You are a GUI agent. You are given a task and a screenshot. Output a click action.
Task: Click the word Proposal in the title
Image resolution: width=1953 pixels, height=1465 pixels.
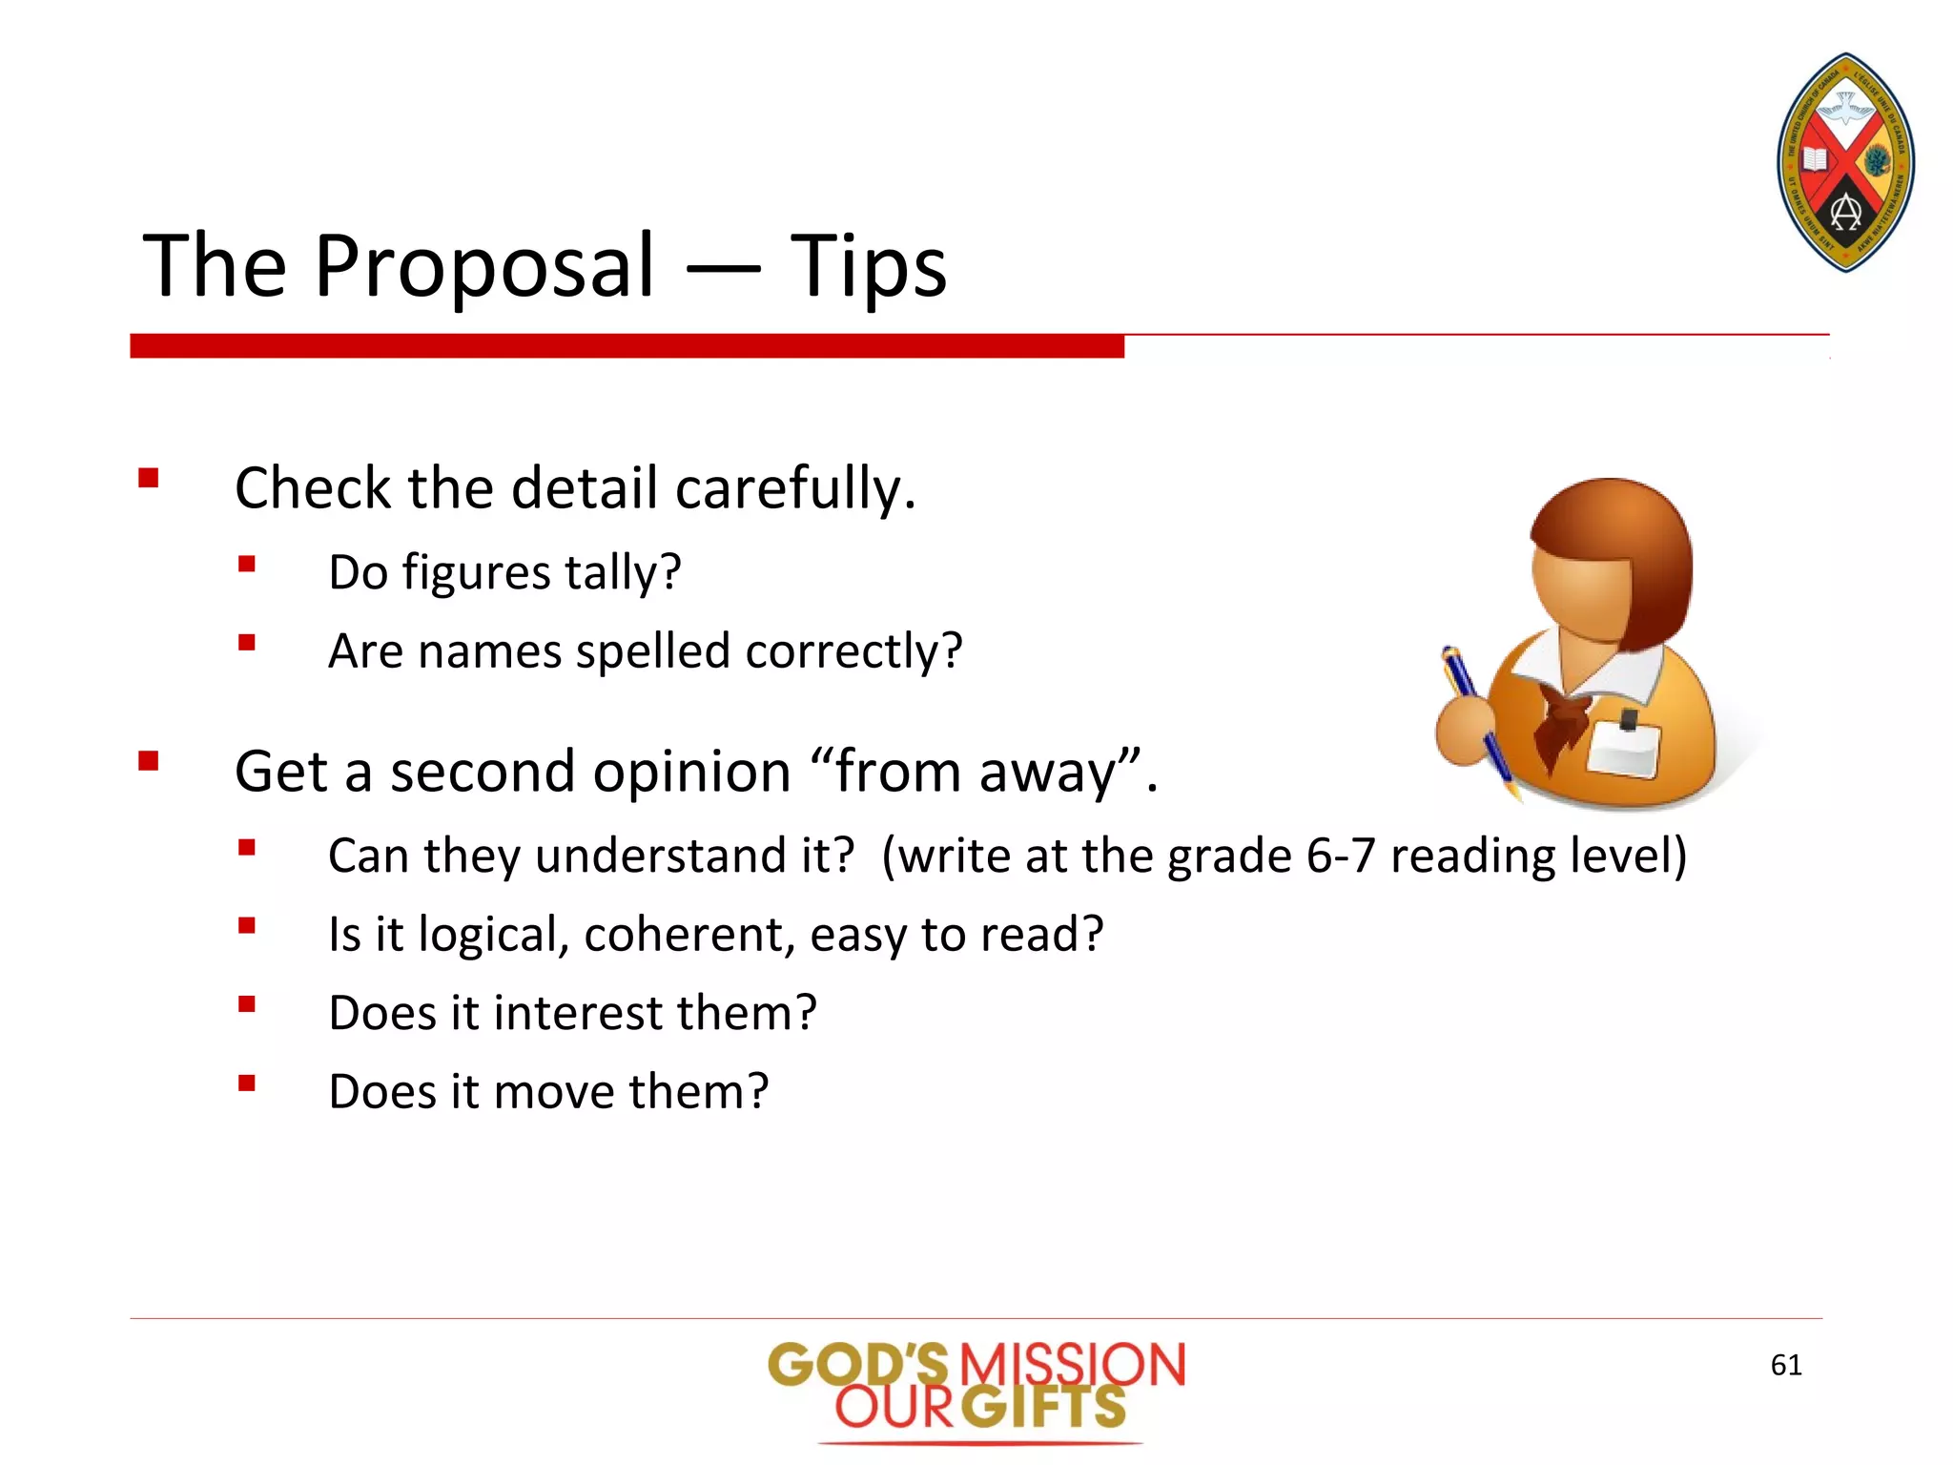(484, 266)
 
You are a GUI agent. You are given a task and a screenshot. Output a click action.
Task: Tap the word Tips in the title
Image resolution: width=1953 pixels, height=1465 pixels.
(868, 266)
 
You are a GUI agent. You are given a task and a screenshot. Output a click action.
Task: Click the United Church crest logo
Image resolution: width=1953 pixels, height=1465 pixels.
(1846, 163)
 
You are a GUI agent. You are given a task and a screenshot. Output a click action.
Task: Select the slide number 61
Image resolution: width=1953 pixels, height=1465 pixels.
(1785, 1365)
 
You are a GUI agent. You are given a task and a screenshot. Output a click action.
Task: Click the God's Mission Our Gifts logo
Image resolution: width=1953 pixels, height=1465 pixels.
(976, 1388)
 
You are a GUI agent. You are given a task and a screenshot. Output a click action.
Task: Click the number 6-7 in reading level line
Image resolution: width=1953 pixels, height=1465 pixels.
(1340, 856)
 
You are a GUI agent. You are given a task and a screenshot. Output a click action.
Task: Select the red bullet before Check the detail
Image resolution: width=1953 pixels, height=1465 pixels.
(148, 478)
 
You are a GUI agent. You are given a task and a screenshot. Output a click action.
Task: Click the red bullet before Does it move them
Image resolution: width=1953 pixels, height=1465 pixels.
(247, 1083)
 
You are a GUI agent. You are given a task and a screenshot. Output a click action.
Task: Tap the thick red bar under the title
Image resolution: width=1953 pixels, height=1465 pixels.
(627, 346)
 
